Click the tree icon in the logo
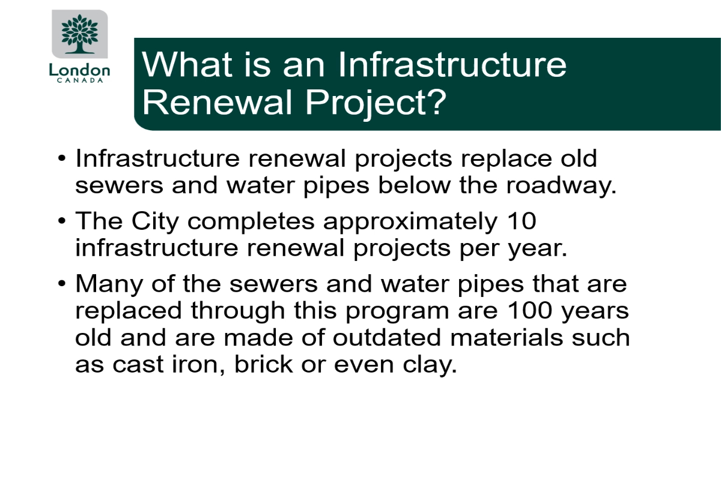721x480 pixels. click(x=80, y=34)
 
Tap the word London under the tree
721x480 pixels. click(x=79, y=70)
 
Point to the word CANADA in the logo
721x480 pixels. click(x=80, y=80)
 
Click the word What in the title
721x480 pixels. click(x=187, y=64)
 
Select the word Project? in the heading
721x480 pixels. click(x=376, y=103)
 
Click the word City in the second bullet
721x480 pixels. click(x=155, y=221)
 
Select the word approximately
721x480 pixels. click(x=410, y=222)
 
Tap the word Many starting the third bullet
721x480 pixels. click(x=109, y=284)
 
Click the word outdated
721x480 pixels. click(x=386, y=337)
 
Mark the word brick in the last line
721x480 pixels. click(x=264, y=364)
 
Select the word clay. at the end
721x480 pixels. click(x=430, y=365)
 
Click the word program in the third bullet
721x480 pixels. click(x=397, y=311)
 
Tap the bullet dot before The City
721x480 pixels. click(x=62, y=221)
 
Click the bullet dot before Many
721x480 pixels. click(x=62, y=284)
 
